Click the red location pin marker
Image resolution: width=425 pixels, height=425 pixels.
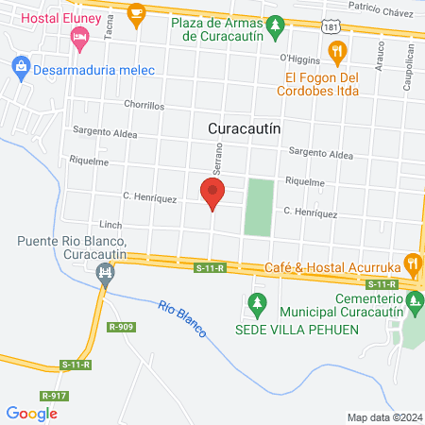coord(212,194)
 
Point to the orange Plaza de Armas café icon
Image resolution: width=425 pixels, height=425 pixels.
coord(137,13)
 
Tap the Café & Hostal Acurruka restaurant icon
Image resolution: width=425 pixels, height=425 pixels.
coord(411,263)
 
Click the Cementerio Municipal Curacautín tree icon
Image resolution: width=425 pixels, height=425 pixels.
coord(413,303)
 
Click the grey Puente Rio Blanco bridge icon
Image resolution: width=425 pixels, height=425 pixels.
coord(105,275)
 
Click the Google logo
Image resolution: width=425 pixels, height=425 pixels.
coord(32,413)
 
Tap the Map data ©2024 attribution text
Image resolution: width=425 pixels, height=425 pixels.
coord(382,417)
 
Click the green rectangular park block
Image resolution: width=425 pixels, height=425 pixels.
coord(258,207)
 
